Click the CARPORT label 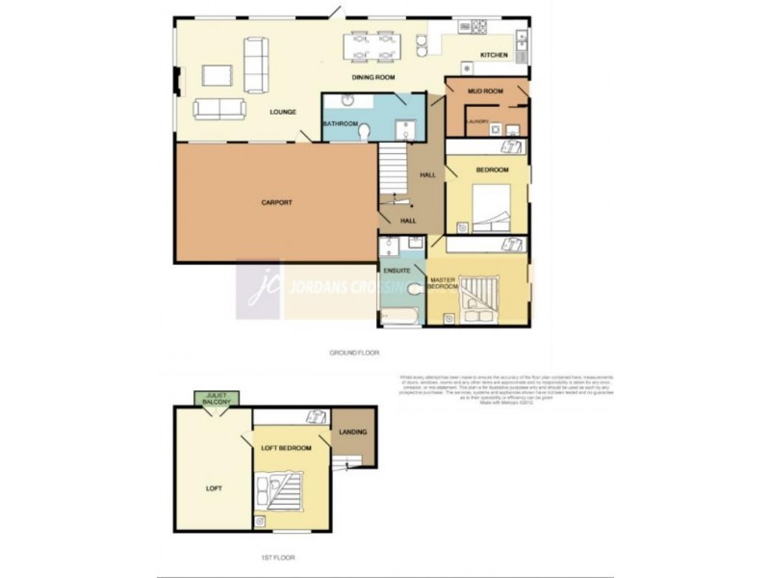pos(276,202)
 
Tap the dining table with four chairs pos(373,47)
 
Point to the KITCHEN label pos(494,56)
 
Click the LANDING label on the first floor pos(353,432)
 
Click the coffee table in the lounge pos(218,72)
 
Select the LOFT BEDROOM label pos(287,448)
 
